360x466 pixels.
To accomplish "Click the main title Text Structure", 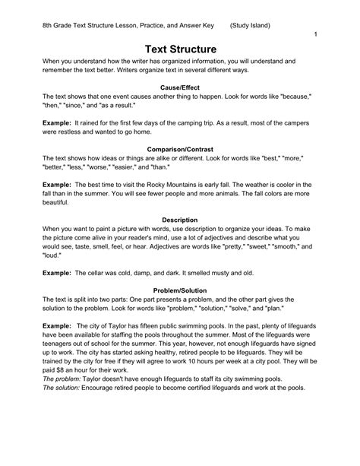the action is pos(180,49).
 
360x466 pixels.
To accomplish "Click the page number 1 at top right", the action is pos(314,35).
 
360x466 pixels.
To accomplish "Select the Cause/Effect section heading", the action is pos(180,88).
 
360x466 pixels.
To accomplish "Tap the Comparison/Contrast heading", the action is pos(180,148).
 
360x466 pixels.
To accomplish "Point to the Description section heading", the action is pos(180,219).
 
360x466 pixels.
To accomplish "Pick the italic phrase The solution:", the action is pos(66,387).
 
